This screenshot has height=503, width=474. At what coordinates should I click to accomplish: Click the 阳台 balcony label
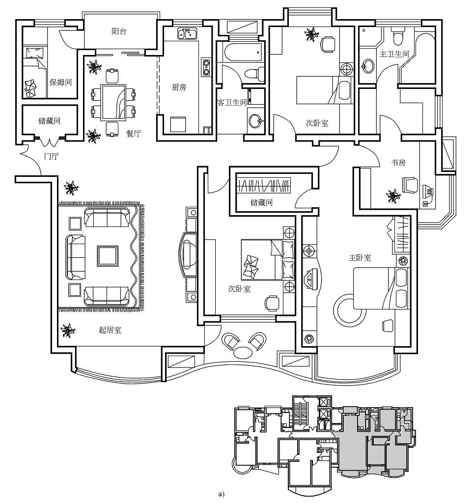pos(119,31)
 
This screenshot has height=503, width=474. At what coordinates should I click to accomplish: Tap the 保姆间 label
pos(60,83)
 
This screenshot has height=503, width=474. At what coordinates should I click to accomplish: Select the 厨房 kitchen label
pos(179,87)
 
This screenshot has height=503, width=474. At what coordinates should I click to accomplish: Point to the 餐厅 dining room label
pos(134,134)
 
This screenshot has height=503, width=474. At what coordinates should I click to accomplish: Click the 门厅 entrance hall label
pos(51,157)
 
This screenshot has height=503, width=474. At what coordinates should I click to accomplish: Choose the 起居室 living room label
pos(110,330)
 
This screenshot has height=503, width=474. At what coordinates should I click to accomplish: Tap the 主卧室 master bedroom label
pos(360,257)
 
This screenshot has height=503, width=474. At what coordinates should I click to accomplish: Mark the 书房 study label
pos(398,162)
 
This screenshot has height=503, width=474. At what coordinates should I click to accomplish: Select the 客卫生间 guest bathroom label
pos(232,103)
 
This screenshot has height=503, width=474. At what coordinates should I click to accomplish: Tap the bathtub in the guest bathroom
pos(241,52)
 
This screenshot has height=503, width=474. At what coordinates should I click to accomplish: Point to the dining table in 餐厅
pos(113,103)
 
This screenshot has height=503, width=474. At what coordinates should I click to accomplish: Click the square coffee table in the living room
pos(107,255)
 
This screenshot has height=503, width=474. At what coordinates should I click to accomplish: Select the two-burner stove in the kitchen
pos(206,67)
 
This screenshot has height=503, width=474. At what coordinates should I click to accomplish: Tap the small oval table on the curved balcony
pos(242,352)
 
